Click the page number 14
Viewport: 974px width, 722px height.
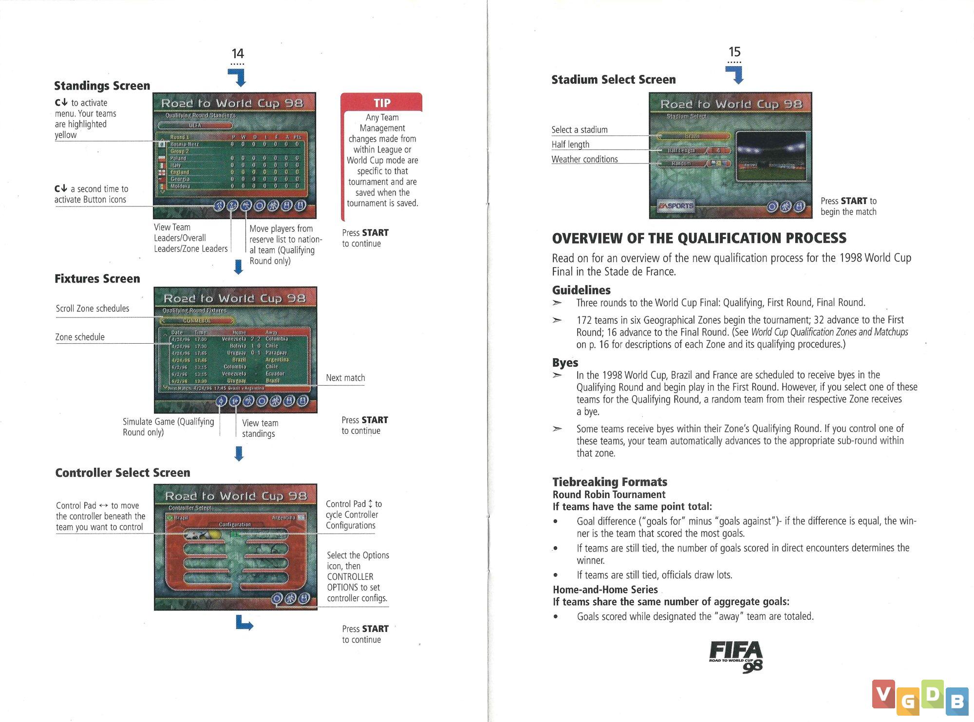pos(238,54)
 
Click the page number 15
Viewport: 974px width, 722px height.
pos(734,52)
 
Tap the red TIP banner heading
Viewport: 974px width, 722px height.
pos(382,103)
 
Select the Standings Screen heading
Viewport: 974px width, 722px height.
pos(102,86)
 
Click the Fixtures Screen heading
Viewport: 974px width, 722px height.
pos(97,278)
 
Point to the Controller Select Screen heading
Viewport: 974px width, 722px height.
pos(122,472)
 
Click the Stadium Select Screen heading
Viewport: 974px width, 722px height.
pos(613,79)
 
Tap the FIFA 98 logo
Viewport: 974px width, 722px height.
pos(736,656)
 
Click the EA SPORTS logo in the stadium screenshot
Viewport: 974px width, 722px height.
pos(675,206)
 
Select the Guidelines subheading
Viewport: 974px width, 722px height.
pos(581,290)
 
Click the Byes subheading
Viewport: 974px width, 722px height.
pos(565,363)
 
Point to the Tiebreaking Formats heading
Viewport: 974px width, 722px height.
pos(609,482)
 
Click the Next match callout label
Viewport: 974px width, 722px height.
pos(345,378)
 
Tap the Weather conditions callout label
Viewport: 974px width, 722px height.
pos(584,159)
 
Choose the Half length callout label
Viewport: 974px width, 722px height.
pos(570,145)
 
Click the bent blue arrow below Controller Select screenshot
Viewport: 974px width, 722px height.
pos(243,623)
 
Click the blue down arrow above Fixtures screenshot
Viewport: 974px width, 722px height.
pos(239,266)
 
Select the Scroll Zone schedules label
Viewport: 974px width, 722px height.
pos(93,309)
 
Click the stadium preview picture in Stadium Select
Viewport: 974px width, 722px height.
pos(771,156)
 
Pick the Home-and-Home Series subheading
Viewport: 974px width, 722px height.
pos(605,590)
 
